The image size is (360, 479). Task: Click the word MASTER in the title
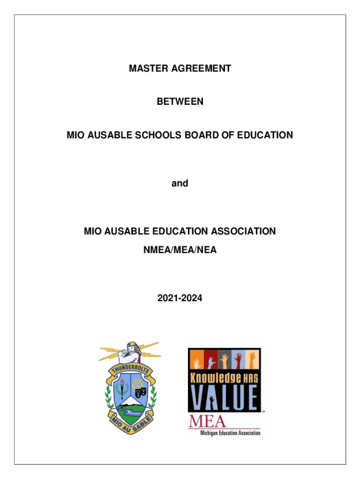point(145,69)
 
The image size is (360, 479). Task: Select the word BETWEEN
point(180,101)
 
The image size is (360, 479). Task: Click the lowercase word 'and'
point(180,183)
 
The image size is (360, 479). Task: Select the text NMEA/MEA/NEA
point(180,250)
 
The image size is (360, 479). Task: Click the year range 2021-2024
point(180,296)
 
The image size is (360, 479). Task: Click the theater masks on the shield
point(144,389)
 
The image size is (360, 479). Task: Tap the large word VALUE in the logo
point(224,398)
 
